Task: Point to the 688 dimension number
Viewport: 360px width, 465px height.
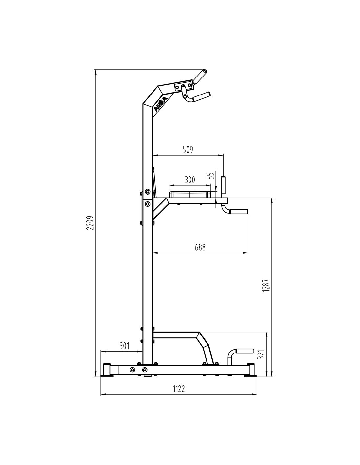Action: (200, 247)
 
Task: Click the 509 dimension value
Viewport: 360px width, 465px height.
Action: (188, 150)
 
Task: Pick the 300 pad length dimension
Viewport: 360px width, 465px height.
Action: (190, 180)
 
